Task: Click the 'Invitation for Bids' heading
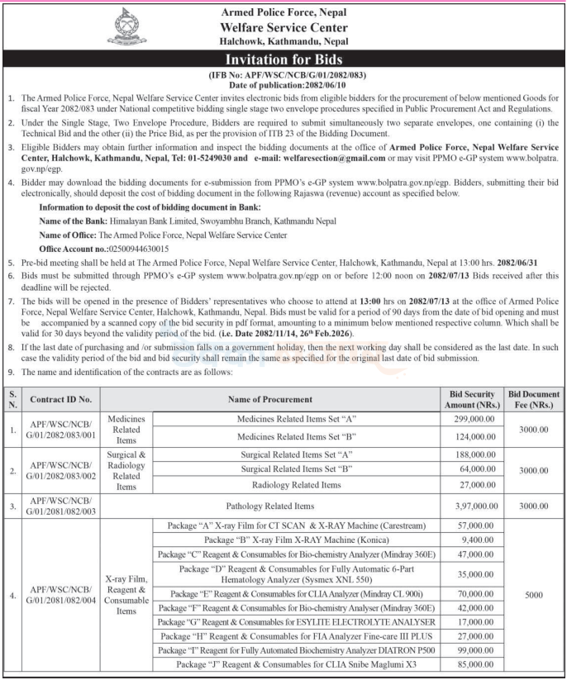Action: pyautogui.click(x=283, y=60)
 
